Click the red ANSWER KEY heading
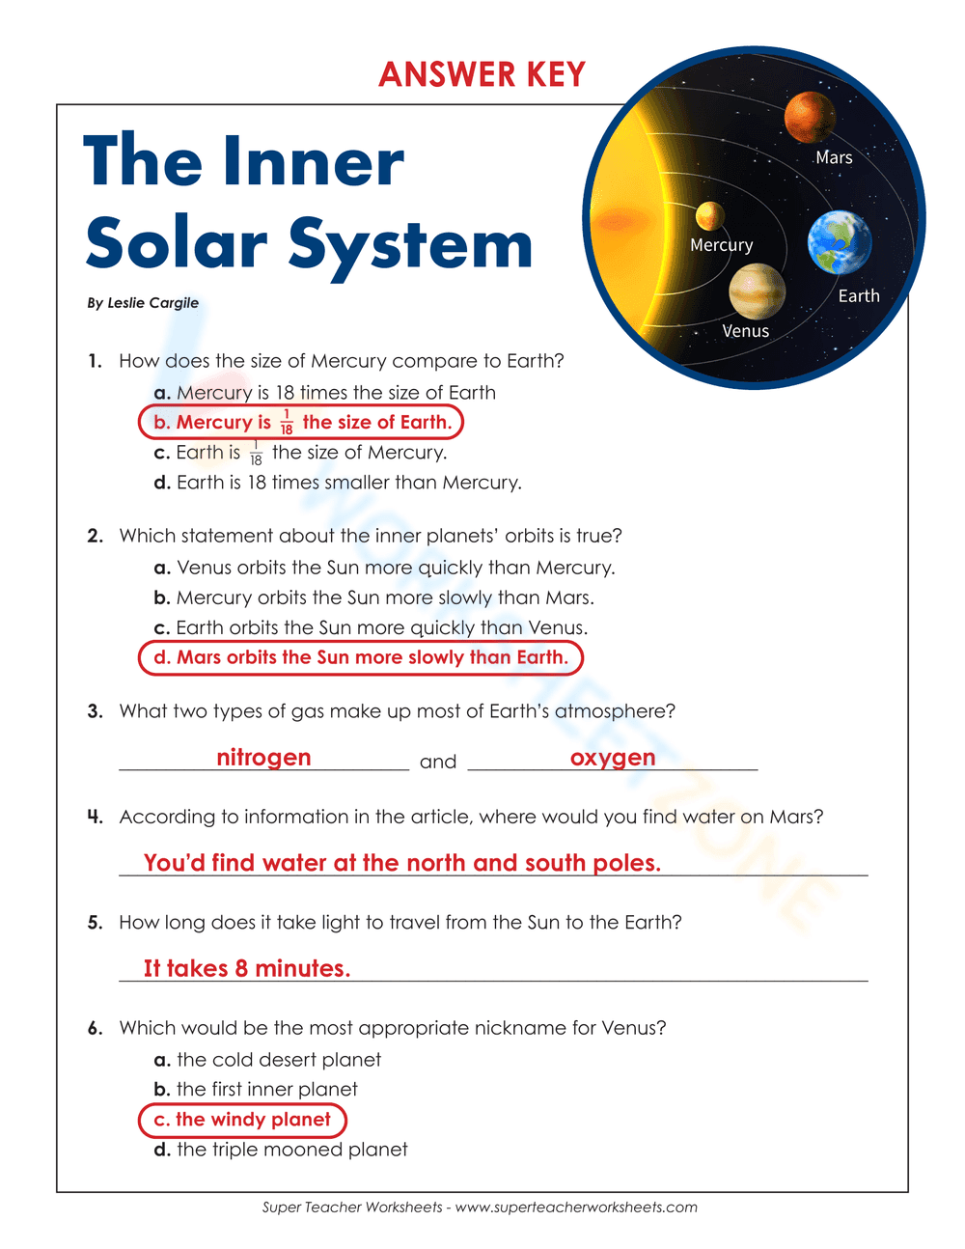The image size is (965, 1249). coord(482,74)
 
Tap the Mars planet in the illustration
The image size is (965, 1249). coord(810,117)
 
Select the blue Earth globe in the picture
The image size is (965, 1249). coord(839,241)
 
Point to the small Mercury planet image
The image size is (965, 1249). coord(710,215)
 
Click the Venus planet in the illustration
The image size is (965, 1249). coord(757,291)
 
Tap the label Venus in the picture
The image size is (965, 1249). coord(746,331)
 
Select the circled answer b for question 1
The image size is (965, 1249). coord(301,422)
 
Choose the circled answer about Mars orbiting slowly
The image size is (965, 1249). coord(361,657)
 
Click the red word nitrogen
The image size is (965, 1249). coord(263,758)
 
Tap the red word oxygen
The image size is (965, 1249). coord(613,758)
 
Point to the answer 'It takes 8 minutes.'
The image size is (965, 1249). coord(247,968)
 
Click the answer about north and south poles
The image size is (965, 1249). coord(402,863)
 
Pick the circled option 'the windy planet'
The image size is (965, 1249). coord(243,1120)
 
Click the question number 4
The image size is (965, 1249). coord(95,818)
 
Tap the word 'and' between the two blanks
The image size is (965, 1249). coord(438,763)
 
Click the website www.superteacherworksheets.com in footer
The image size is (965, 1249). coord(576,1207)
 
